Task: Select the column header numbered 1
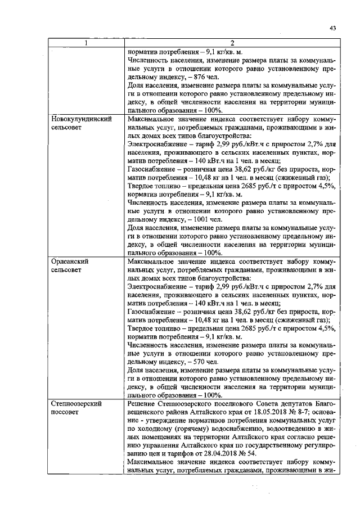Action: click(x=86, y=43)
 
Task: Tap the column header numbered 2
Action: click(x=232, y=43)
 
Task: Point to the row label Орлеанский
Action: click(x=68, y=262)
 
